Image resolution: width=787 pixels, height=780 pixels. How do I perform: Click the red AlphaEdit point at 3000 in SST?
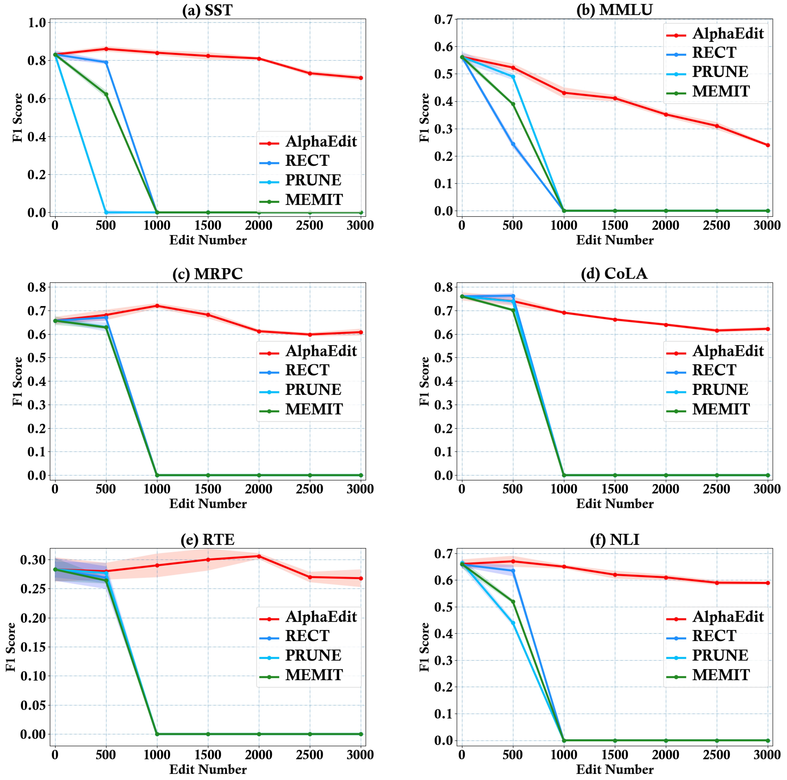click(x=360, y=78)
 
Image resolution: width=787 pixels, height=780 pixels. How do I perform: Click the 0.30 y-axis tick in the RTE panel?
click(x=33, y=560)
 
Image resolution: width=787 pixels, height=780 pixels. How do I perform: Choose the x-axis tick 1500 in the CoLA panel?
click(x=615, y=489)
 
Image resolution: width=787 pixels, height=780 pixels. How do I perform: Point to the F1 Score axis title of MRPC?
click(x=17, y=381)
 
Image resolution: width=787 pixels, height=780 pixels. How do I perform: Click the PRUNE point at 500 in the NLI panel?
click(x=513, y=623)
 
